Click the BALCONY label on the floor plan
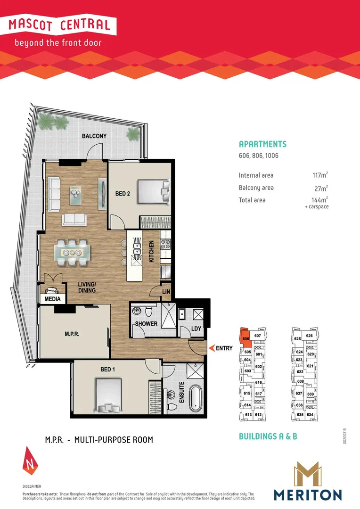click(x=94, y=136)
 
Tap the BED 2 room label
click(x=123, y=193)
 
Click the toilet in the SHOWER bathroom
click(x=149, y=312)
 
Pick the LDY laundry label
click(x=197, y=328)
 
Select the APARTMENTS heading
click(x=262, y=144)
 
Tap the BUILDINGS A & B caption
click(x=268, y=436)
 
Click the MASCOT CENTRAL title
click(x=62, y=25)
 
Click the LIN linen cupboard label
click(x=166, y=292)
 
